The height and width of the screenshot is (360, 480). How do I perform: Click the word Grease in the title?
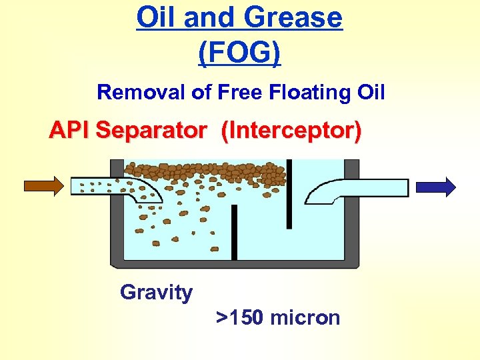pos(293,18)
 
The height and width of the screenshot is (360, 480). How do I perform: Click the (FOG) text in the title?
pos(240,52)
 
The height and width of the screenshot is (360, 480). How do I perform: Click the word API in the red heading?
pos(70,131)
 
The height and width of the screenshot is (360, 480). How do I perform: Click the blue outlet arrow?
pos(436,187)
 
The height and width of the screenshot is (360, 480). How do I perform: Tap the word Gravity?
pos(156,292)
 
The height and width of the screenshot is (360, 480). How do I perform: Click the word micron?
pos(305,317)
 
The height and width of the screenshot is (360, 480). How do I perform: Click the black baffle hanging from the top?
pos(289,193)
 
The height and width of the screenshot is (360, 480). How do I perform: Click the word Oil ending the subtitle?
pos(369,91)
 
